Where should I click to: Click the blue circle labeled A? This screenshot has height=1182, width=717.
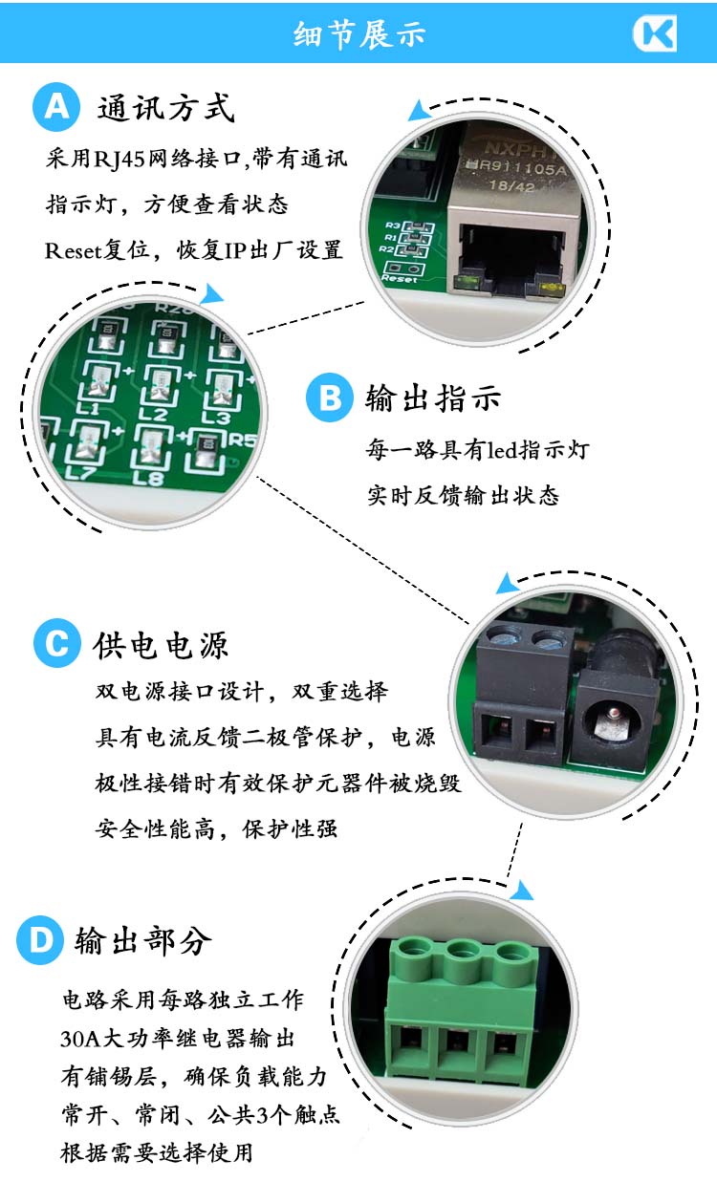click(x=56, y=107)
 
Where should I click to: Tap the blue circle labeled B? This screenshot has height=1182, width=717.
click(x=330, y=398)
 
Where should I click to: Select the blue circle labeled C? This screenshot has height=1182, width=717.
click(x=57, y=643)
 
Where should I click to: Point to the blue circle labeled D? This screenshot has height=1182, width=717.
click(x=41, y=940)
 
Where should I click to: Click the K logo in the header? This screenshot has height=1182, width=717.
click(x=655, y=33)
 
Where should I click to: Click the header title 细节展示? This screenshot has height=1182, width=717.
click(x=359, y=34)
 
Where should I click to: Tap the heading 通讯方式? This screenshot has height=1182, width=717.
click(x=165, y=108)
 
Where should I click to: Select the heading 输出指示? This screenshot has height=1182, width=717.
click(x=433, y=398)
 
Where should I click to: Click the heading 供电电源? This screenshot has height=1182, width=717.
click(x=161, y=645)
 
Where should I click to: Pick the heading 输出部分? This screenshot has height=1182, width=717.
click(x=143, y=941)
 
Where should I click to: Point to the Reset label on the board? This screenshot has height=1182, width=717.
click(x=400, y=279)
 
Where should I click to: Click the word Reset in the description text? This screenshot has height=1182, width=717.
click(x=73, y=250)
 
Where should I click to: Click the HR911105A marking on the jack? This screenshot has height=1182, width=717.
click(x=516, y=168)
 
